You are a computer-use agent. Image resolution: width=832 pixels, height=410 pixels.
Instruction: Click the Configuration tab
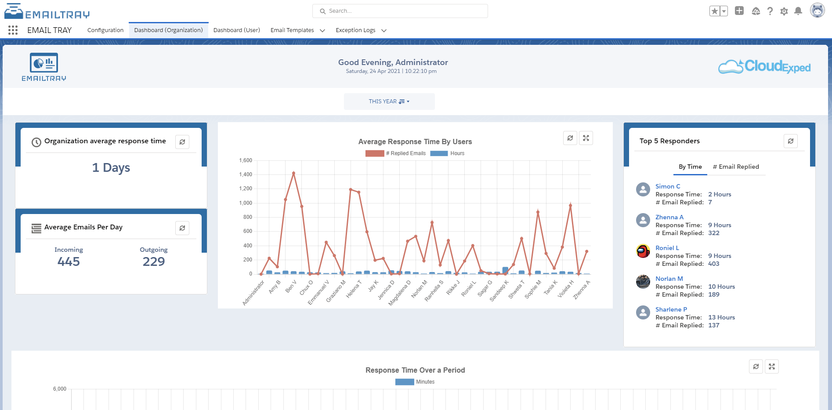pos(105,30)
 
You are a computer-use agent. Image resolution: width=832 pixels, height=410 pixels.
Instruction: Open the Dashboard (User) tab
pos(236,30)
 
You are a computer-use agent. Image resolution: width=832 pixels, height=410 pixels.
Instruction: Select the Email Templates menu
pos(292,30)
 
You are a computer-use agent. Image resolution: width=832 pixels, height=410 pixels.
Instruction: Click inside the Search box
pos(400,11)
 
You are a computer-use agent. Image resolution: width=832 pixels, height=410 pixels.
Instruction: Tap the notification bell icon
pos(798,11)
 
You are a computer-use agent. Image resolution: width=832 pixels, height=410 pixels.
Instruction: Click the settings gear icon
pos(784,11)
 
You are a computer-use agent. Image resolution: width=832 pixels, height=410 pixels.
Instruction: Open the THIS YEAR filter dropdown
pos(389,102)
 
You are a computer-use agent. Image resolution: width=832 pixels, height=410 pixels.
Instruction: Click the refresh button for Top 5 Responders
pos(790,141)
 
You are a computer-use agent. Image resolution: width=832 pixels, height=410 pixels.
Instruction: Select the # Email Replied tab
pos(736,167)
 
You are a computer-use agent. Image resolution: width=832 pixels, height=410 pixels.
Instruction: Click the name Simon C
pos(668,186)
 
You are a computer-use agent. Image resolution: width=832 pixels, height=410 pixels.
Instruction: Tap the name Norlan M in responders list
pos(669,279)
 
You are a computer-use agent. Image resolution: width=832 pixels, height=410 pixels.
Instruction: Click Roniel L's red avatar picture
pos(643,251)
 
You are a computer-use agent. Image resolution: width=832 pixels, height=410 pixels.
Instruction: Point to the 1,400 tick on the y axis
pos(246,174)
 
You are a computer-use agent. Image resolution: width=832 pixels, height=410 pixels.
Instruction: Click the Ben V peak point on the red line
pos(293,173)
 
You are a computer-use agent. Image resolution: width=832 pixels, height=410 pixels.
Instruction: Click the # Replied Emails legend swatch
pos(374,153)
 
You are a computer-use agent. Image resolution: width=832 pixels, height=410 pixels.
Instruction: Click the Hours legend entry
pos(457,153)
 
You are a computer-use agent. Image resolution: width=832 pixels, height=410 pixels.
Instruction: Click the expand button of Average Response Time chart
pos(586,138)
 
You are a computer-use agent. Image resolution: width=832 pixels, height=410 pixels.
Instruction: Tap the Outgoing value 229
pos(154,261)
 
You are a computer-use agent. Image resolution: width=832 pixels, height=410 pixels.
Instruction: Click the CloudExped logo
pos(764,67)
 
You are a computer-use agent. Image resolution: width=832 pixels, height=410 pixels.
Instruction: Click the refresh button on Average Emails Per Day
pos(182,228)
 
